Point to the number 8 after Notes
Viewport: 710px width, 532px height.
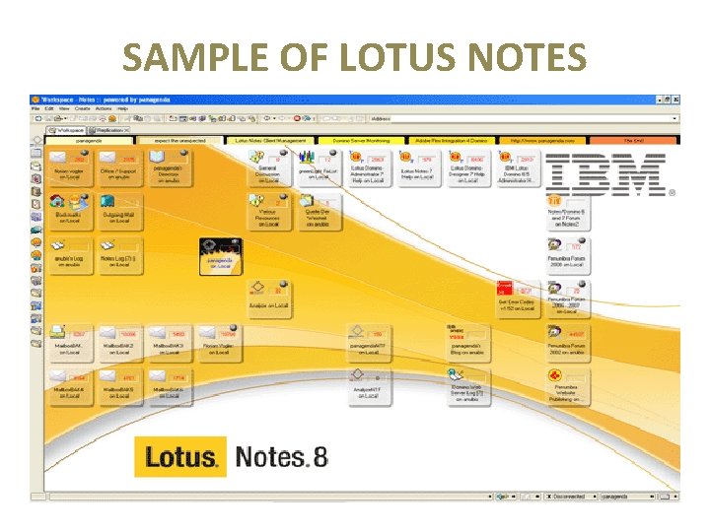pos(319,457)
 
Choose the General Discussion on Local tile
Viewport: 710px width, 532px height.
pos(268,167)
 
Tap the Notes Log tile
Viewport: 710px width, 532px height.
pos(119,254)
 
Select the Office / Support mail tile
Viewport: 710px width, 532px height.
pos(119,167)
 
